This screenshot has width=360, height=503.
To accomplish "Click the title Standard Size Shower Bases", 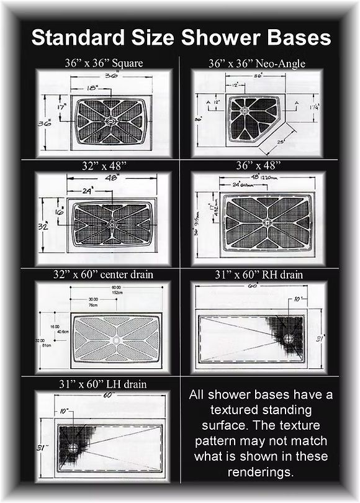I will click(x=181, y=38).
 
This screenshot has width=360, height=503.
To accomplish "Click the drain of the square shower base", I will click(x=110, y=122).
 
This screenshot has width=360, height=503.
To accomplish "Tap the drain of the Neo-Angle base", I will click(x=244, y=111).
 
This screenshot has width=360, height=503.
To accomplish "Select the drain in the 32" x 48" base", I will click(x=112, y=224).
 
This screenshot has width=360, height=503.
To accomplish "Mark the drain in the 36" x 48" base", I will click(x=267, y=222).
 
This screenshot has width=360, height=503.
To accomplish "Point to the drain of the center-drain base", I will click(x=117, y=340).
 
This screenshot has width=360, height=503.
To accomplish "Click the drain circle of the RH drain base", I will click(x=289, y=338).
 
